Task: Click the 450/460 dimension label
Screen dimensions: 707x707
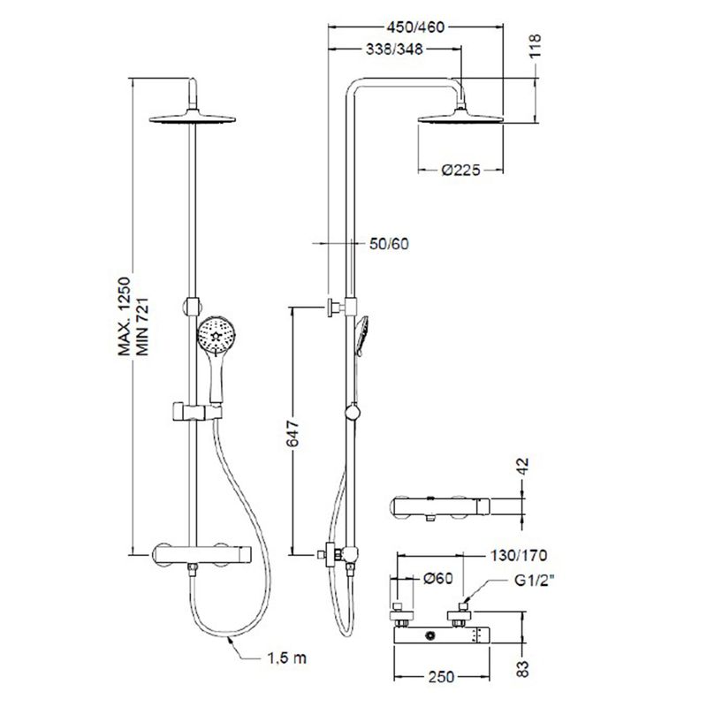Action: [x=415, y=27]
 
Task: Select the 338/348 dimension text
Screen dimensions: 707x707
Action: [x=394, y=49]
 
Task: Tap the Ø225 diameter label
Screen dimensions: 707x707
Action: [x=460, y=170]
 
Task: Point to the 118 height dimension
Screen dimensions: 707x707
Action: [x=535, y=46]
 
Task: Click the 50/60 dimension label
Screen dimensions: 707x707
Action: [x=389, y=244]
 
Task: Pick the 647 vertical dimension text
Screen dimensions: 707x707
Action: [x=293, y=433]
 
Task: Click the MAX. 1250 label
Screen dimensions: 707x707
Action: [x=124, y=316]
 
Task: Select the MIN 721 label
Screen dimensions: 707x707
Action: [x=142, y=326]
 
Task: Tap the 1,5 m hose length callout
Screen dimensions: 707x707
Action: [x=286, y=658]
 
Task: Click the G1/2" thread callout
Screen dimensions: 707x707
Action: [x=535, y=581]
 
